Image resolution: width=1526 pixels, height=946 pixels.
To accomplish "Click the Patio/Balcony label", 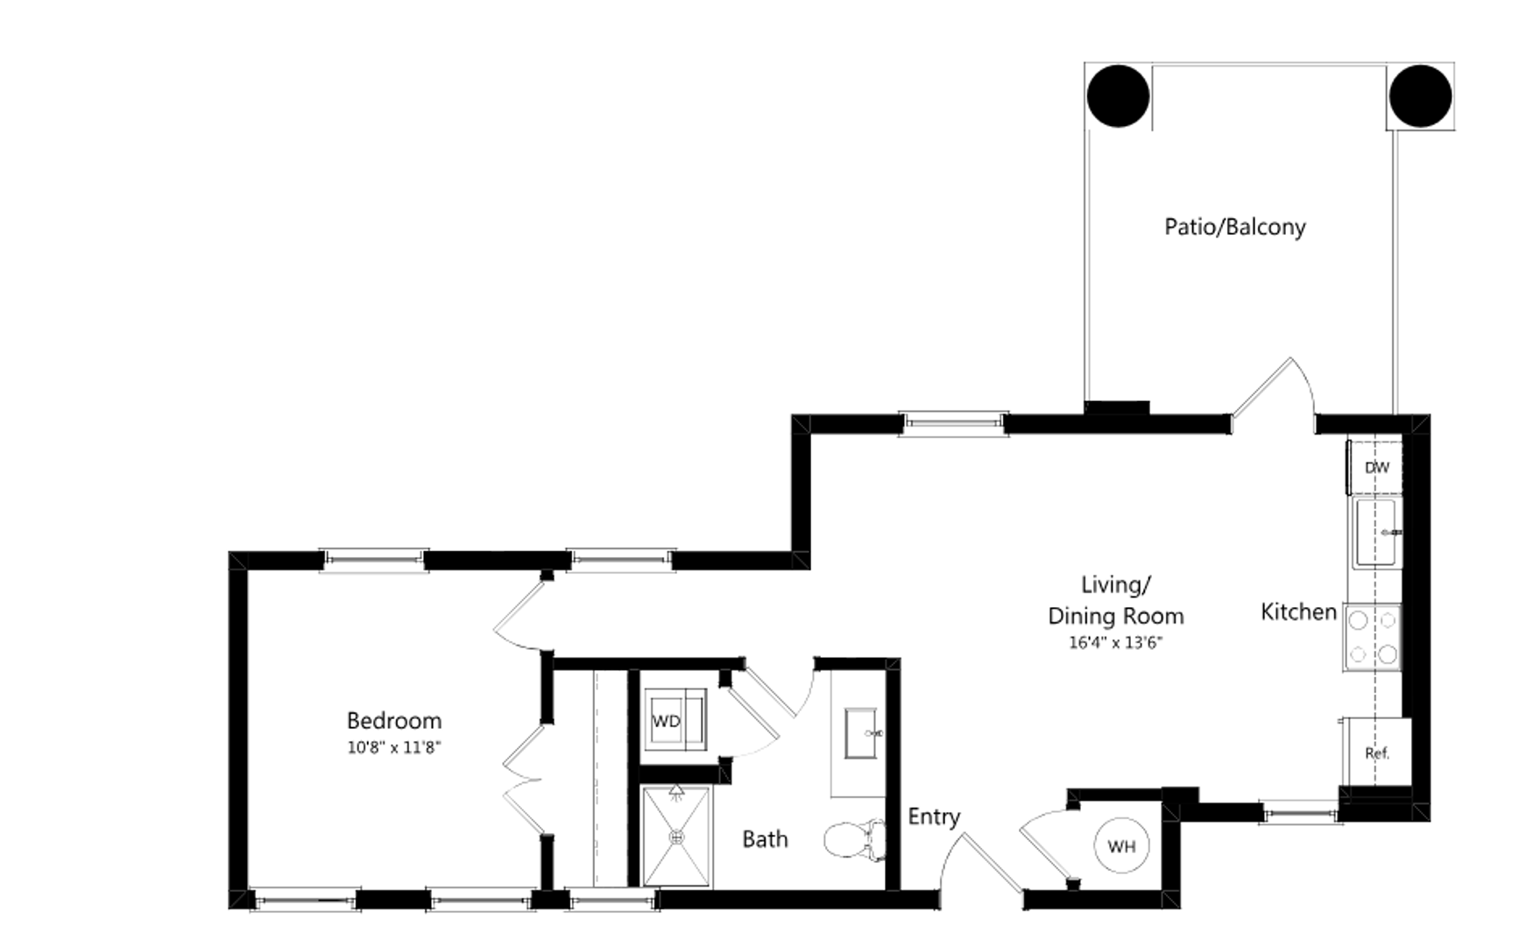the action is [x=1234, y=227].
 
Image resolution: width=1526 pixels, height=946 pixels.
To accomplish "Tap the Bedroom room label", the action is [x=394, y=721].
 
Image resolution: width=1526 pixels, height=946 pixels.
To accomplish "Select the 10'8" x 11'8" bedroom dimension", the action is [x=394, y=748].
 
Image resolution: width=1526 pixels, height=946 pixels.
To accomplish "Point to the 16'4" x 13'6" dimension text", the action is [x=1115, y=643].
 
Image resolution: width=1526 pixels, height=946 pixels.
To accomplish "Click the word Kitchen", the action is [x=1298, y=611].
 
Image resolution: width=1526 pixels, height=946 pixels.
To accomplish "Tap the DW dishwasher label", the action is [x=1377, y=468].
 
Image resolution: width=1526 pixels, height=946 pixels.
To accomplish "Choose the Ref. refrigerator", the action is [x=1377, y=752].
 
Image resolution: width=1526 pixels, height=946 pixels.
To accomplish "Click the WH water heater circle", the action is [x=1121, y=846].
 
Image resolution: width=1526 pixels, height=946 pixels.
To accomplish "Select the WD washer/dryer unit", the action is [x=675, y=720].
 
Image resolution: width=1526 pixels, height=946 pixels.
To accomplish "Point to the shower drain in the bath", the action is [x=676, y=837].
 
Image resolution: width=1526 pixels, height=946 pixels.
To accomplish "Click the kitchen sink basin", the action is [x=1376, y=532].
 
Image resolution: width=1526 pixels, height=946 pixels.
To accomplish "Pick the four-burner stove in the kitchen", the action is [x=1373, y=638].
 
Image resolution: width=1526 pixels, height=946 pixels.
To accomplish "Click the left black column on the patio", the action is [x=1118, y=96].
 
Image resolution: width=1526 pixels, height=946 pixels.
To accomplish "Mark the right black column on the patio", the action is [x=1420, y=96].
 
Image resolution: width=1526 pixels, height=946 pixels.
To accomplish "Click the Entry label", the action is [x=934, y=817].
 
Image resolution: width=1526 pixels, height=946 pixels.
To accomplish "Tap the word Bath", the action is [x=765, y=839].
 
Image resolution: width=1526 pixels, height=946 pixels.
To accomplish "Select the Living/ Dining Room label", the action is [x=1115, y=600].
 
